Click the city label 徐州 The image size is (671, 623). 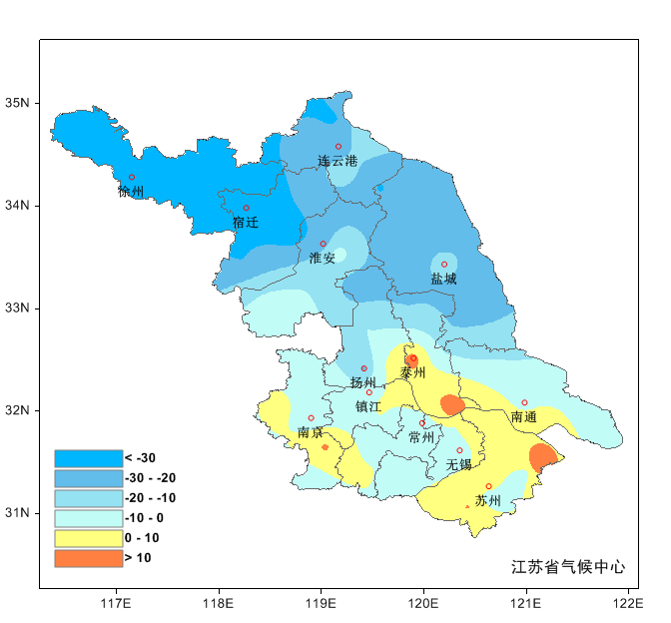pos(131,192)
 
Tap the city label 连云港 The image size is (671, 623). pos(337,161)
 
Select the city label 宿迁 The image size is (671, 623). pos(246,223)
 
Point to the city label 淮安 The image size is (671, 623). pos(323,259)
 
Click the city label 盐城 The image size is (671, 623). pos(443,280)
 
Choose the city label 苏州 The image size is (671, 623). pos(488,500)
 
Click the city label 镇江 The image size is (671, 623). pos(368,406)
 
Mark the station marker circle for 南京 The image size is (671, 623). pos(311,418)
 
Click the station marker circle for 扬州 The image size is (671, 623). pos(363,368)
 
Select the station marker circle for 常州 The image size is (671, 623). pos(422,423)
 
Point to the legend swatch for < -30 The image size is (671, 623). pos(88,457)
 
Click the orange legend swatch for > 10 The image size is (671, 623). pos(88,558)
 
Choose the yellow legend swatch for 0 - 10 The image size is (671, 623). pos(88,538)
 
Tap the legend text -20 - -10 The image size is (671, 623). pos(150,498)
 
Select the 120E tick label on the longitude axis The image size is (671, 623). pos(423,603)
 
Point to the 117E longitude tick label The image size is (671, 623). pos(116,603)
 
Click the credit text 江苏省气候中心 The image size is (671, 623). pos(568,567)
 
